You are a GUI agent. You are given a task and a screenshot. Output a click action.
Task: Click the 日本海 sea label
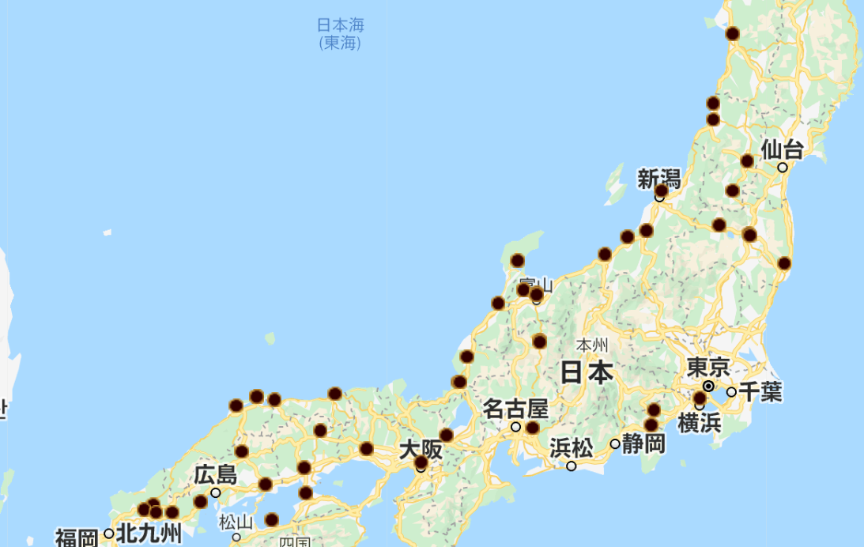(x=340, y=25)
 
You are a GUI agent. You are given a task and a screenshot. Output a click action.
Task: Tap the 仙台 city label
(x=782, y=149)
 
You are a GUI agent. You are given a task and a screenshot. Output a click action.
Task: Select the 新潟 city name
(x=658, y=178)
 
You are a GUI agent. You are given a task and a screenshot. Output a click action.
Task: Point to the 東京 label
(x=707, y=368)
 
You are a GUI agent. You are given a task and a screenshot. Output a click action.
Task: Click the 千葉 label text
(x=760, y=391)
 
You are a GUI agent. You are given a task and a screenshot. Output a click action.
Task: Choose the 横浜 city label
(x=700, y=422)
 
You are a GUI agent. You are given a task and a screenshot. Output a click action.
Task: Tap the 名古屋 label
(x=515, y=409)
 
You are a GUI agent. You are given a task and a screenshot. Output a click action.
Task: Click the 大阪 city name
(x=420, y=450)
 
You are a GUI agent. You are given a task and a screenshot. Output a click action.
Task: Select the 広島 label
(x=215, y=475)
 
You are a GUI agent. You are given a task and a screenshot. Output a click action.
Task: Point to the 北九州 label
(x=149, y=534)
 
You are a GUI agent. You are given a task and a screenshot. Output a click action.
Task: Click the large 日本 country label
(x=587, y=372)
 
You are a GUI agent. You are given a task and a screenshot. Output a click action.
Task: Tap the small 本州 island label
(x=591, y=345)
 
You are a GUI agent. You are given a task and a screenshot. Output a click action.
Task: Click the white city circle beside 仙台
(x=783, y=168)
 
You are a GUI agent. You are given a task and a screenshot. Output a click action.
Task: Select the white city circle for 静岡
(x=615, y=444)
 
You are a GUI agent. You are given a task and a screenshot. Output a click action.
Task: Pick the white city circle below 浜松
(x=572, y=466)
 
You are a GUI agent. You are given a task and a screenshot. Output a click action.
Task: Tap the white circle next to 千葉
(x=731, y=392)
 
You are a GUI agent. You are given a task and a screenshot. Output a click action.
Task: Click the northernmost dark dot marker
(x=733, y=33)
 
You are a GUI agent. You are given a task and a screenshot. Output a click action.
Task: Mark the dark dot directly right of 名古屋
(x=533, y=428)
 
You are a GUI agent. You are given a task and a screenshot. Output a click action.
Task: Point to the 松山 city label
(x=236, y=522)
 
